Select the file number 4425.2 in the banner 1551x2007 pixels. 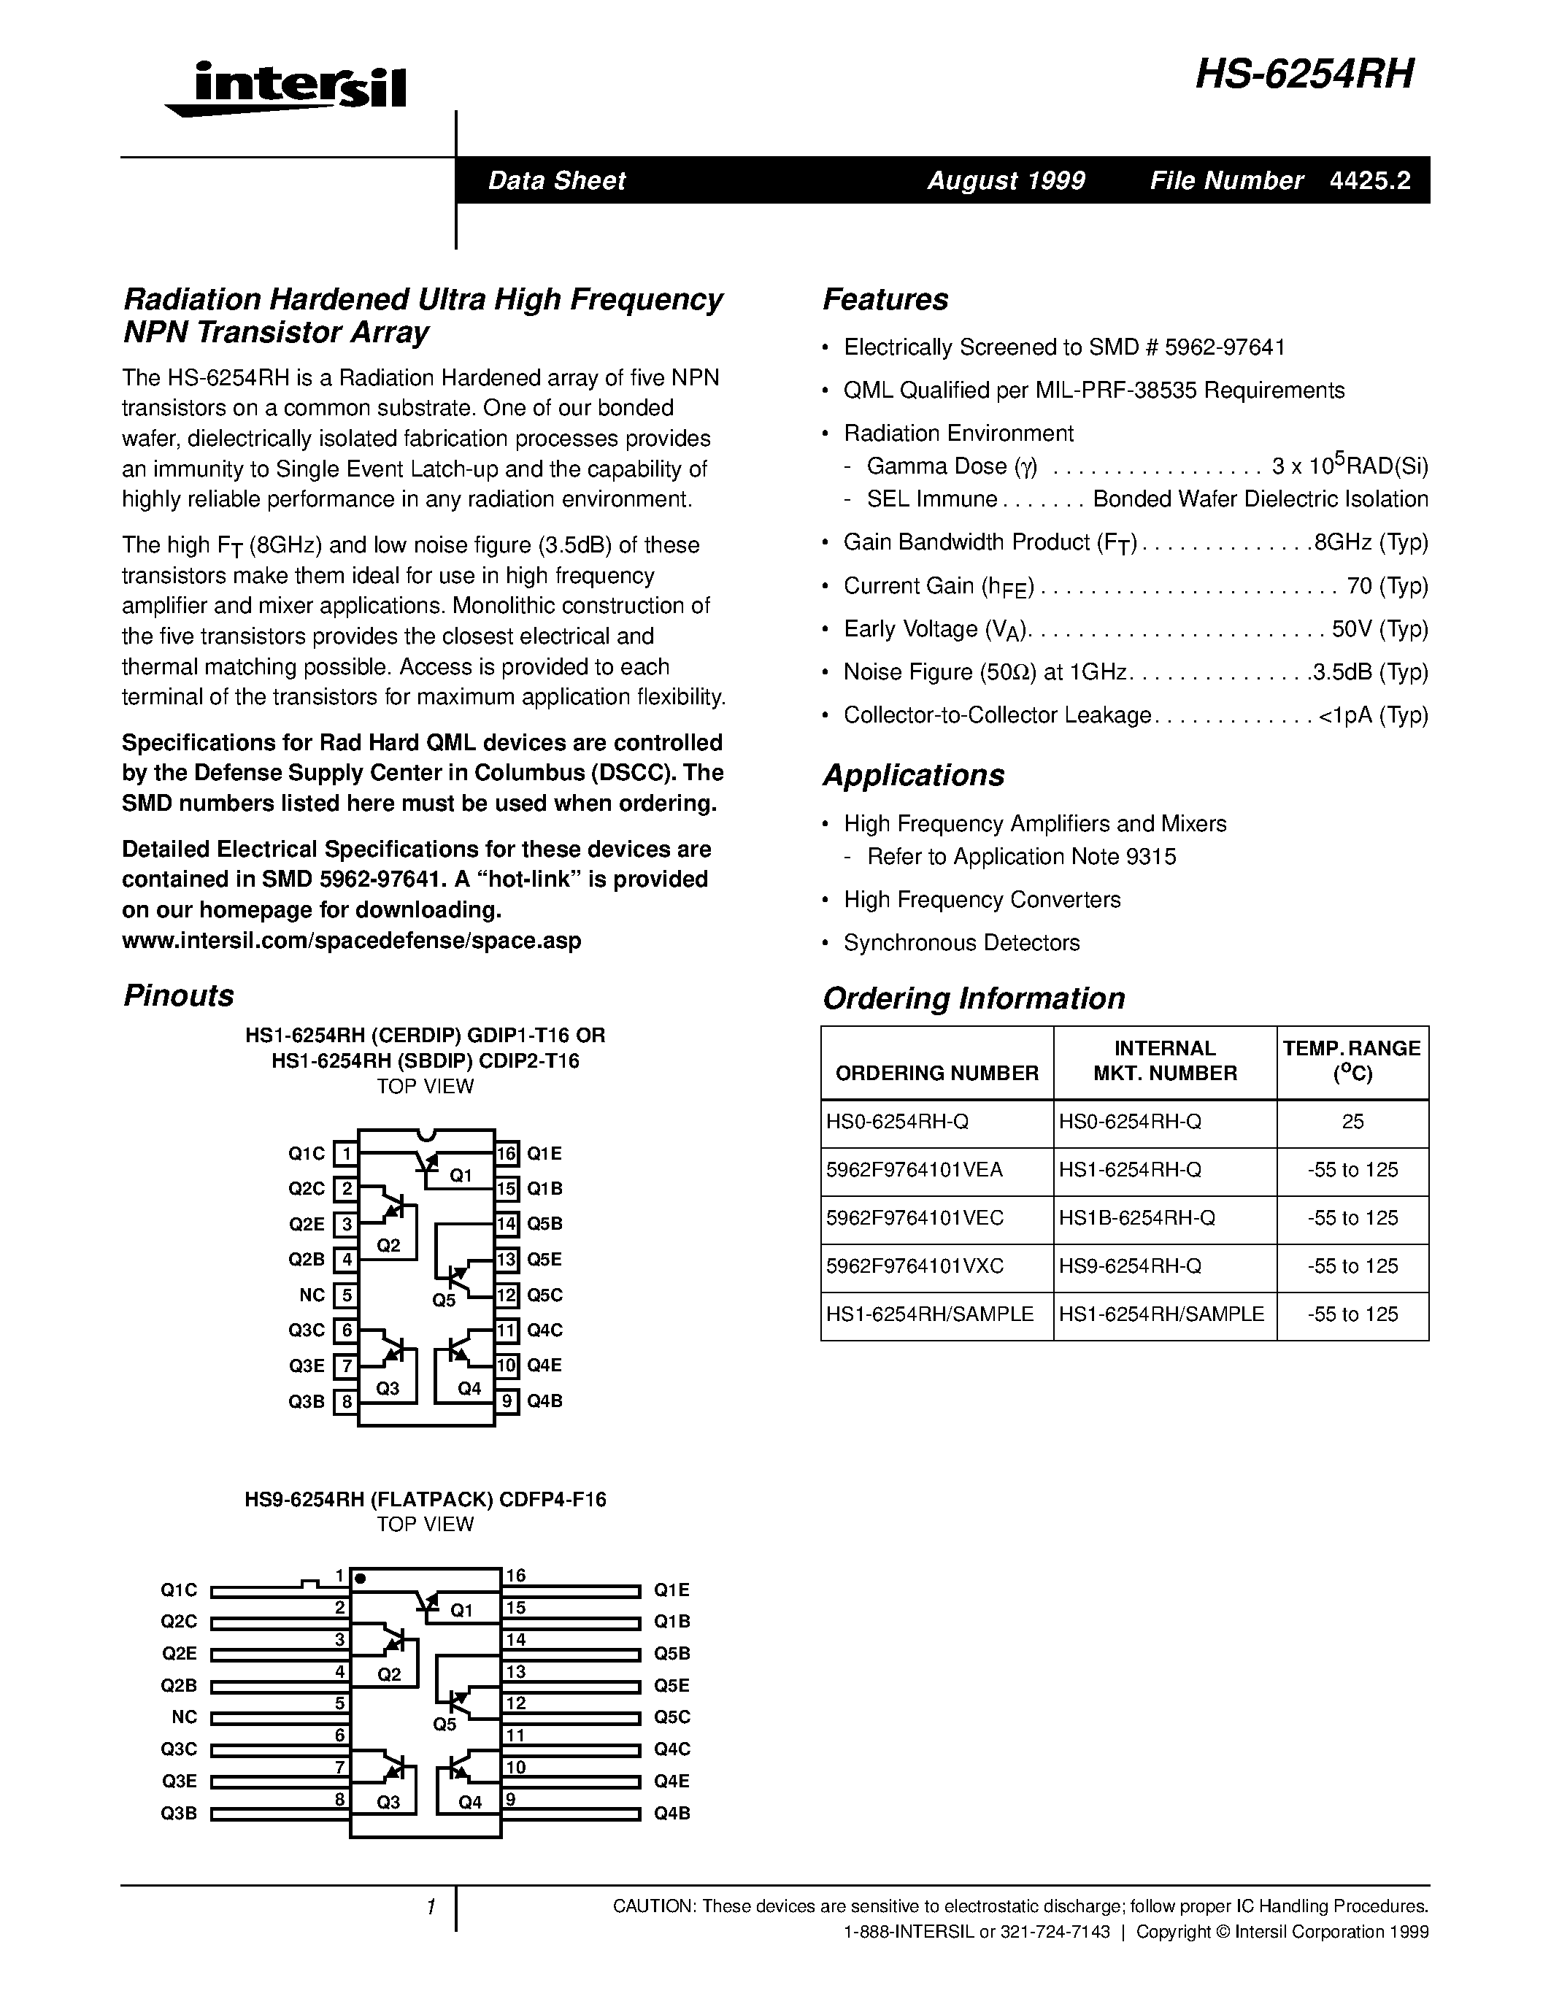(x=1369, y=180)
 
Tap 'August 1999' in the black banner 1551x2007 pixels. (x=1005, y=180)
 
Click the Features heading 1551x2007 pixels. (x=885, y=299)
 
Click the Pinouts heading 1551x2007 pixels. (x=178, y=995)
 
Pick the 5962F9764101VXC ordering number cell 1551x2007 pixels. (x=915, y=1266)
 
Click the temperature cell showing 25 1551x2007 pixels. (x=1352, y=1122)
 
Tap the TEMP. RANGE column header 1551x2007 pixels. (x=1352, y=1060)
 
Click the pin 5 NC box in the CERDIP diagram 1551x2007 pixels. (x=345, y=1295)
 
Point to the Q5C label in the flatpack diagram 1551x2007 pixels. (x=671, y=1717)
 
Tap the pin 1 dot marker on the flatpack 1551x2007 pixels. (x=360, y=1579)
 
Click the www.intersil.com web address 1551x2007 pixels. (x=351, y=941)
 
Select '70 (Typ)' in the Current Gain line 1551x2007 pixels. (x=1388, y=585)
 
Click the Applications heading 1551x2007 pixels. (x=912, y=776)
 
